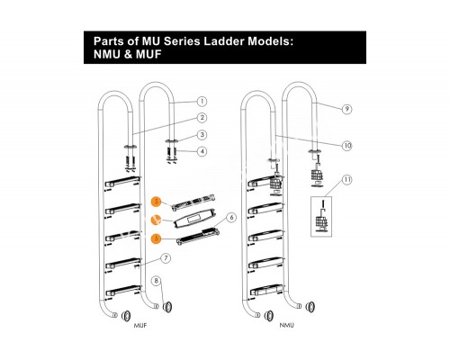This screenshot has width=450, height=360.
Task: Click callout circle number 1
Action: [x=202, y=102]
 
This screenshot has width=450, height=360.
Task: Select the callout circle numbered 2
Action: [x=202, y=118]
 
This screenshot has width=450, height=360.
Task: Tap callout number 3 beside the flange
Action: [x=202, y=135]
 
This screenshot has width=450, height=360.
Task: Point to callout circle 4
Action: [x=202, y=151]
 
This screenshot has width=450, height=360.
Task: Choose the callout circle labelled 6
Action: [x=231, y=217]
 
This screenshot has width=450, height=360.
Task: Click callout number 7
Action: [x=166, y=258]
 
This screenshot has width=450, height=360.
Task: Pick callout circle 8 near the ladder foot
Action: [x=156, y=281]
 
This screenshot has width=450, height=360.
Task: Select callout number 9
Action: [x=347, y=109]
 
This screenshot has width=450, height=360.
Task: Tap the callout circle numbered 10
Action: [x=347, y=146]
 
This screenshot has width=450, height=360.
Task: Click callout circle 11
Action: [x=347, y=180]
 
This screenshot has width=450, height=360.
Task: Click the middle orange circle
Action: [x=156, y=220]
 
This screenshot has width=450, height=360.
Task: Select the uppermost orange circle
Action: [x=156, y=202]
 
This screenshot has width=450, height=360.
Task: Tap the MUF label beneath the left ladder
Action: [x=140, y=325]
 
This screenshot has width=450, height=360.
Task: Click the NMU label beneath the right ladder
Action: [x=287, y=325]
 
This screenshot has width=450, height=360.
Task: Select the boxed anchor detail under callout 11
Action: [x=321, y=216]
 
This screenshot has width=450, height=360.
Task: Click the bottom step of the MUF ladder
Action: [x=122, y=292]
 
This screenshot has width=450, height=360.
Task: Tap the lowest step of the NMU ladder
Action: [x=266, y=290]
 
